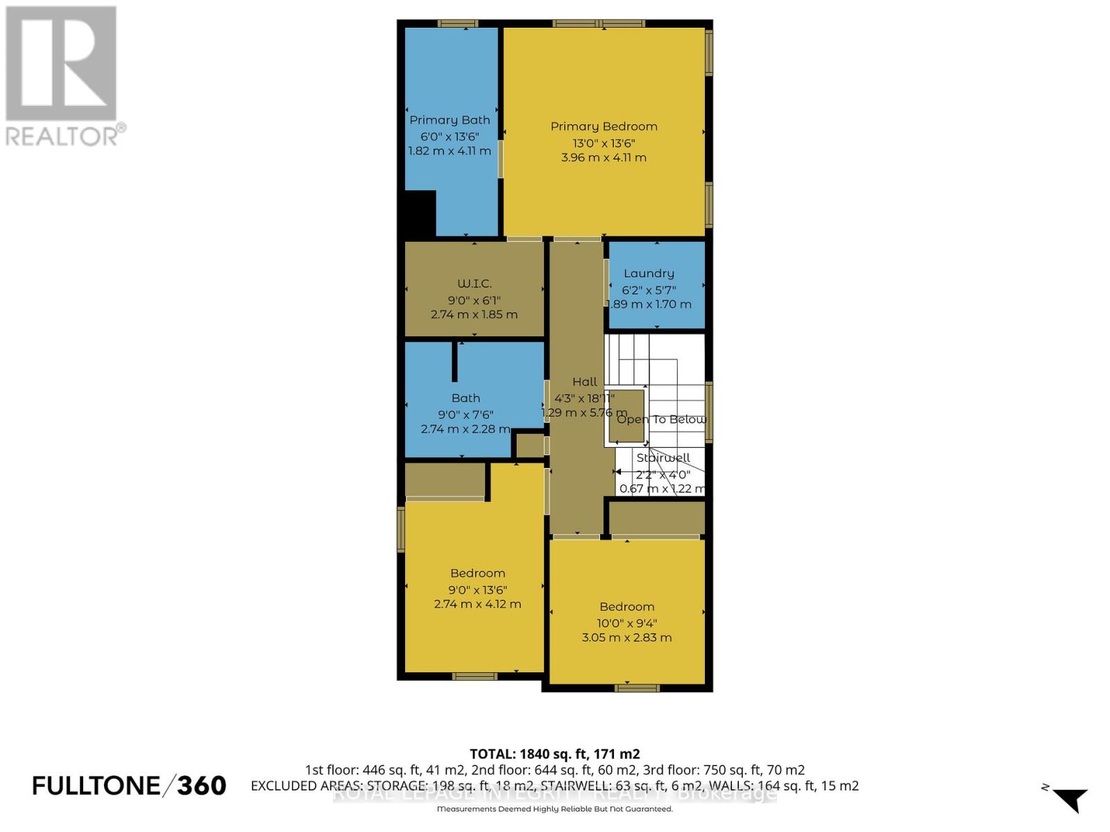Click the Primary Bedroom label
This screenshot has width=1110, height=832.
point(604,126)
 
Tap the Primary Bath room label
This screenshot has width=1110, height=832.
point(450,120)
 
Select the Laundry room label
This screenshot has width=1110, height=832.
point(649,273)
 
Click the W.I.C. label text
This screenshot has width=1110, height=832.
point(475,283)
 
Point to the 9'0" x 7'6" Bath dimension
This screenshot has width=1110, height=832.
point(465,415)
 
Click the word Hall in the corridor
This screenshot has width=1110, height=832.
point(585,381)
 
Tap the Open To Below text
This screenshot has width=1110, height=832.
point(661,419)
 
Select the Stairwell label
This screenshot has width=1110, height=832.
point(663,458)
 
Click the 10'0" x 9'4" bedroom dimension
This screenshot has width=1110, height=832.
point(626,623)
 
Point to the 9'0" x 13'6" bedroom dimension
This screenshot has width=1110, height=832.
point(477,590)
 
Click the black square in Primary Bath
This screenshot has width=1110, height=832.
point(420,214)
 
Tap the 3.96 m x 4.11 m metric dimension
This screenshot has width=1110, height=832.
point(604,157)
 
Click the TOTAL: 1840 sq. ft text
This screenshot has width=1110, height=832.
point(554,754)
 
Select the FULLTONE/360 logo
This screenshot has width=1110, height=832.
point(129,786)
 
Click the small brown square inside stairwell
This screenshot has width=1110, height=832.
point(626,416)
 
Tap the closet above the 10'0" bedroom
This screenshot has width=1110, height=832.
point(656,517)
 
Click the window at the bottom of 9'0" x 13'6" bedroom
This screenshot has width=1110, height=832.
point(475,676)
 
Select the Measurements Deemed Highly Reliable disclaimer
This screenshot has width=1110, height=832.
point(554,809)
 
